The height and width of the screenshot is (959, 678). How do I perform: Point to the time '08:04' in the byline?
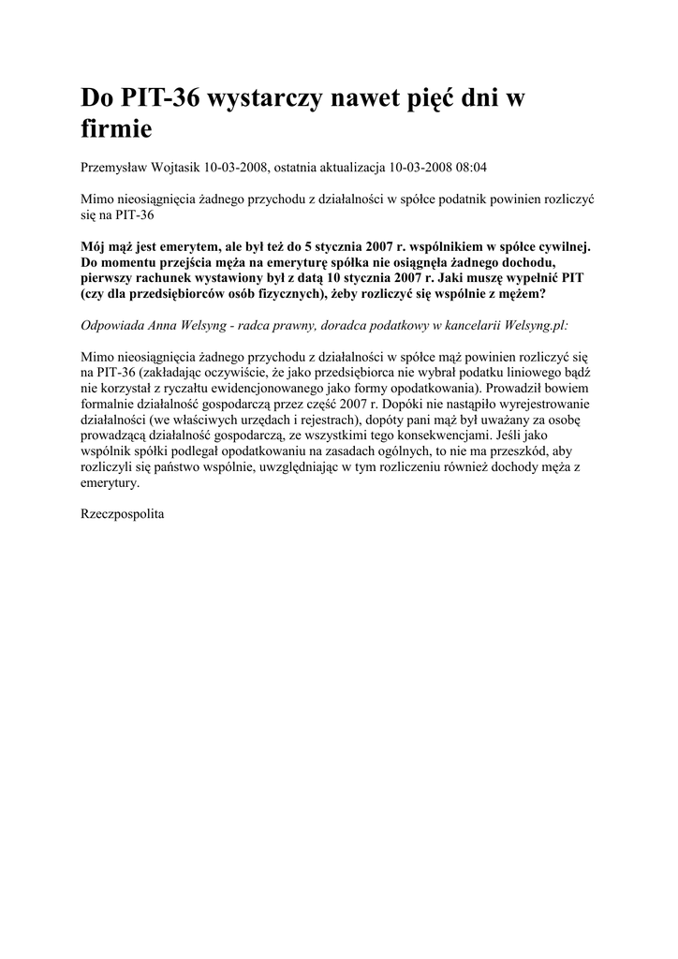(x=470, y=168)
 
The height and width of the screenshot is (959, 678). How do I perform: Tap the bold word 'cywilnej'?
(x=558, y=246)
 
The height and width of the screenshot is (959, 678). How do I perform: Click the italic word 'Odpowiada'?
(x=113, y=325)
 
